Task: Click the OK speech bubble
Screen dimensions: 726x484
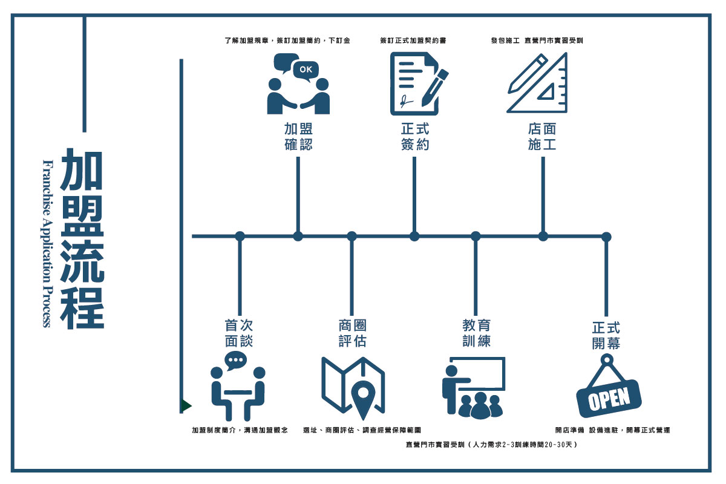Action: (306, 70)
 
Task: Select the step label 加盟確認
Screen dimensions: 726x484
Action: (298, 137)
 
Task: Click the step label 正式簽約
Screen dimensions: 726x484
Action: (415, 137)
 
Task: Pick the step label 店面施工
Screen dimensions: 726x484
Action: (542, 137)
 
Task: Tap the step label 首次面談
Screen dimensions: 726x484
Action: (239, 333)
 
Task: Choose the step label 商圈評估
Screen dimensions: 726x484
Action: (352, 333)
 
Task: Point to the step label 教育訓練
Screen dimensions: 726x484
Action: (477, 333)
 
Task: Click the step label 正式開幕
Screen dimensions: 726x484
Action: (606, 336)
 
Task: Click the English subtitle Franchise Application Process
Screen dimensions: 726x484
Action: (47, 243)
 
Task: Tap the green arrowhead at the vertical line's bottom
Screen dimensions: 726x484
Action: (186, 406)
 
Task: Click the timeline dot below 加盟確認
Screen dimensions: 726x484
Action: (298, 237)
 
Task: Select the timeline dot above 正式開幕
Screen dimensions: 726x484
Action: (606, 237)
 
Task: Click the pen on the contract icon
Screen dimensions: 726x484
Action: (435, 88)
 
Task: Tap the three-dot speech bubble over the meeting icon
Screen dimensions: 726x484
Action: (235, 360)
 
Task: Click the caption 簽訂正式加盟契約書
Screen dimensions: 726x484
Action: (413, 41)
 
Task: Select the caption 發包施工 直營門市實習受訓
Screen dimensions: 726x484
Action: (537, 41)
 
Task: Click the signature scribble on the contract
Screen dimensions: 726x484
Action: (405, 102)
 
